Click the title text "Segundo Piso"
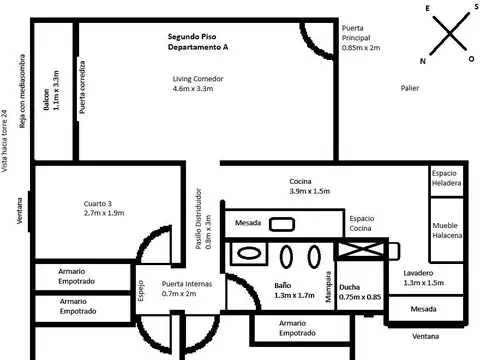coord(197,36)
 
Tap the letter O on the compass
coord(471,60)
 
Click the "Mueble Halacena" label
coord(446,232)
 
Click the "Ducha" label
coord(350,287)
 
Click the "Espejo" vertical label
coord(141,290)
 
